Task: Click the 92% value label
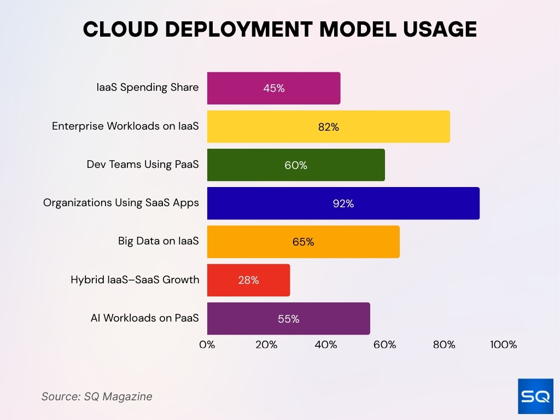click(x=343, y=203)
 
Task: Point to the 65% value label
click(x=303, y=242)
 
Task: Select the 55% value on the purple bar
click(x=288, y=319)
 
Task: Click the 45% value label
click(x=273, y=88)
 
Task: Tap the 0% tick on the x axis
click(x=207, y=345)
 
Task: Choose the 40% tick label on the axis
click(x=325, y=345)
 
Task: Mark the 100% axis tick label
click(x=503, y=345)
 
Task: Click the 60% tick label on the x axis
click(x=384, y=345)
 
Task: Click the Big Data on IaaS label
click(x=158, y=241)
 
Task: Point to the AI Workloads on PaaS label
click(x=144, y=318)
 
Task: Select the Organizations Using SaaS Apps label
click(x=121, y=203)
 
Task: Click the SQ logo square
click(x=535, y=396)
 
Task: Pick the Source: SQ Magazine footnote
click(x=97, y=396)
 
